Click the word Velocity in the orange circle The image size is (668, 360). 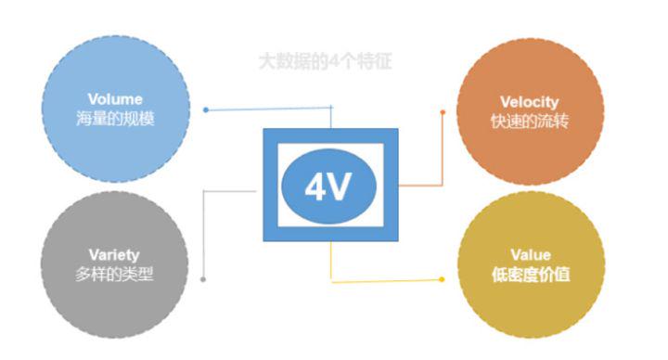pyautogui.click(x=529, y=102)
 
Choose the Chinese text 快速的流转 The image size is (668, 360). pyautogui.click(x=529, y=121)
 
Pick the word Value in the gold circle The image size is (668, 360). pyautogui.click(x=530, y=254)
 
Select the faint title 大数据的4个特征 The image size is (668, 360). pyautogui.click(x=326, y=63)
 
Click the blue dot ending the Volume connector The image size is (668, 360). pyautogui.click(x=205, y=109)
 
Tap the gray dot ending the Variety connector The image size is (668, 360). pyautogui.click(x=203, y=278)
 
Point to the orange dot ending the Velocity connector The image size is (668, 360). pyautogui.click(x=443, y=112)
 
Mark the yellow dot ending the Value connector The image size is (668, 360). pyautogui.click(x=443, y=278)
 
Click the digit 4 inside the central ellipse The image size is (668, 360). pyautogui.click(x=316, y=187)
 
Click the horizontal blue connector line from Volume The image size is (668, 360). pyautogui.click(x=269, y=109)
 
